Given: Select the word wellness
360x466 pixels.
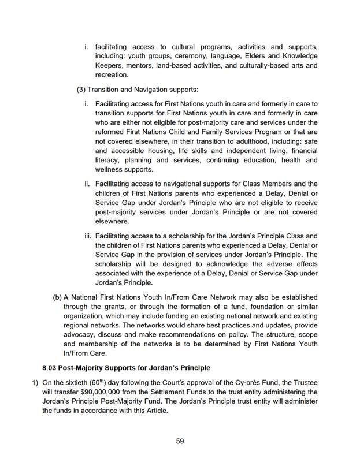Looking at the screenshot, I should [x=110, y=170].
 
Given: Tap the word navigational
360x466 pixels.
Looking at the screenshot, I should [x=176, y=184].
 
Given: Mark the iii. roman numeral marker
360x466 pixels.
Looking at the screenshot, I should [x=88, y=236].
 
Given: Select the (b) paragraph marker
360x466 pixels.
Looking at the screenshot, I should [x=57, y=297].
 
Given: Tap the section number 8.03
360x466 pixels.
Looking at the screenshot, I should [x=51, y=368].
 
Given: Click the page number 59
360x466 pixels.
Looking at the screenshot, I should [x=180, y=441].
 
